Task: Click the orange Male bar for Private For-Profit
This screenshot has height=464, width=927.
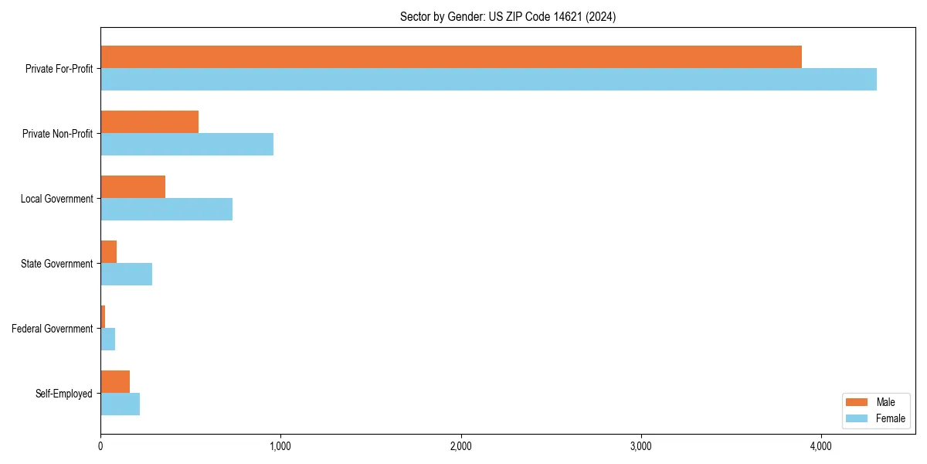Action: pos(451,57)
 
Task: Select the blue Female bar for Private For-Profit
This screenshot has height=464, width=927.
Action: pos(488,80)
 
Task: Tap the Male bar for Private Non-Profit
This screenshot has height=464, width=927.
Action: pos(150,122)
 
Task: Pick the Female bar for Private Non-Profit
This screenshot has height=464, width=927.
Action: pos(187,145)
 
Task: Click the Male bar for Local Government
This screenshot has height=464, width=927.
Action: pos(133,187)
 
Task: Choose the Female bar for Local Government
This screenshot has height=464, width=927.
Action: pos(167,210)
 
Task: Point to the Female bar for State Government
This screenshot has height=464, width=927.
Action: pos(127,275)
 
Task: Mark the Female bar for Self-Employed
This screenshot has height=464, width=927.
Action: pos(121,404)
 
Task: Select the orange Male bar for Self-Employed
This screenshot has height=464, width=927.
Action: pos(115,382)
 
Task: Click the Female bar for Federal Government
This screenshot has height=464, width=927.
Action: pos(108,339)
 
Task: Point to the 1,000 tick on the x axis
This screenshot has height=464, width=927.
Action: pos(280,446)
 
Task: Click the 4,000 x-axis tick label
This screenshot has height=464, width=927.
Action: pos(820,446)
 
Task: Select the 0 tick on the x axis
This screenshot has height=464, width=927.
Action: pos(100,446)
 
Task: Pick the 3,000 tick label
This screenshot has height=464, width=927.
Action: pos(640,446)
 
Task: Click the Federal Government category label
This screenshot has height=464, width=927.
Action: pos(53,329)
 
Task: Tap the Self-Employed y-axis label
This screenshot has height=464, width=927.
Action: pos(64,394)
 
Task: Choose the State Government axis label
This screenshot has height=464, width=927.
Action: pos(57,264)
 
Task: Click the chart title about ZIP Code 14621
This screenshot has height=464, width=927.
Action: pos(508,16)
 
